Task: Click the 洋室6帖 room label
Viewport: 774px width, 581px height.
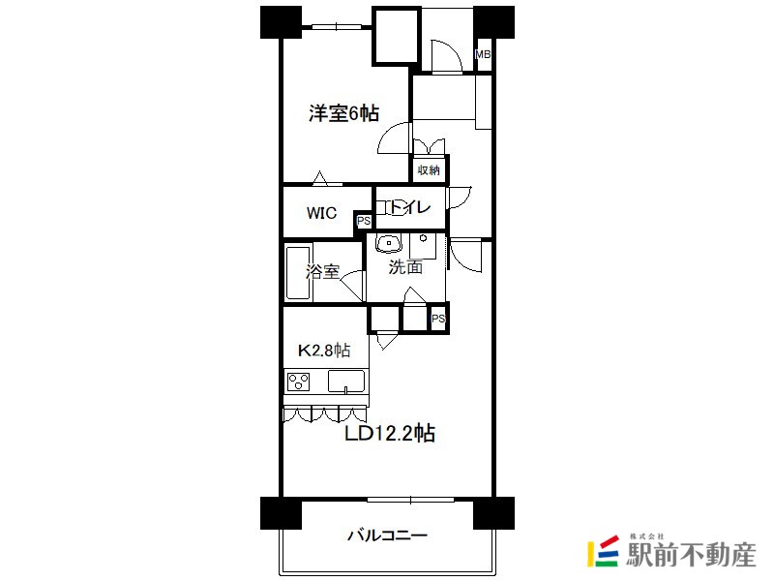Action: [343, 114]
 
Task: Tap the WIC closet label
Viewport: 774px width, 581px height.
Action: [322, 213]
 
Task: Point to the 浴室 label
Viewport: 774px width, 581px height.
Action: [322, 272]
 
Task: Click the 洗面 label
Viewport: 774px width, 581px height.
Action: [405, 267]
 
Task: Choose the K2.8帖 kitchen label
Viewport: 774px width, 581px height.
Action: [322, 350]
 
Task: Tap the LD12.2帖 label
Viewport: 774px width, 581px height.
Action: [390, 434]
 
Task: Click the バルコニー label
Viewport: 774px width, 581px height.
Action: [386, 535]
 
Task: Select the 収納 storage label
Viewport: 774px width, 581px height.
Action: [429, 170]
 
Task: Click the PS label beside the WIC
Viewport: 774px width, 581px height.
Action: [364, 222]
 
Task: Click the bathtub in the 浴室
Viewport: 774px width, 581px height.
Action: [296, 273]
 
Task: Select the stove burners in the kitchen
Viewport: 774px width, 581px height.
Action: [299, 381]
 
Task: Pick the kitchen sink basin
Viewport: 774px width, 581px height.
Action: [345, 381]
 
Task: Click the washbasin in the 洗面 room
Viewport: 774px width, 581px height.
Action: [390, 242]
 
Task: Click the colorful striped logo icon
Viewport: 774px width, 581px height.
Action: [604, 551]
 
